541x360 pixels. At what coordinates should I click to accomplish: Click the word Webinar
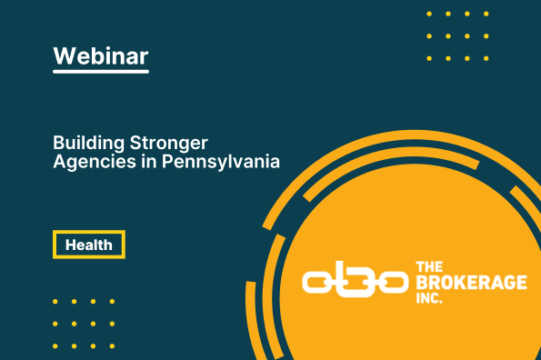pyautogui.click(x=100, y=55)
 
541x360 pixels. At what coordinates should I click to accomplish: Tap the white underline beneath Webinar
pyautogui.click(x=100, y=72)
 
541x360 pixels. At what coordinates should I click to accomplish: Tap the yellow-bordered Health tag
pyautogui.click(x=88, y=245)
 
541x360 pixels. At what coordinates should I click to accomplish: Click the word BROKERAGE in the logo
pyautogui.click(x=470, y=283)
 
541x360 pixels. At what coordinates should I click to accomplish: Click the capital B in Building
pyautogui.click(x=58, y=144)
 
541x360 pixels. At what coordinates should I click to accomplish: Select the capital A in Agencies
pyautogui.click(x=59, y=163)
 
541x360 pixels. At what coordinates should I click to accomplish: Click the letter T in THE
pyautogui.click(x=419, y=267)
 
